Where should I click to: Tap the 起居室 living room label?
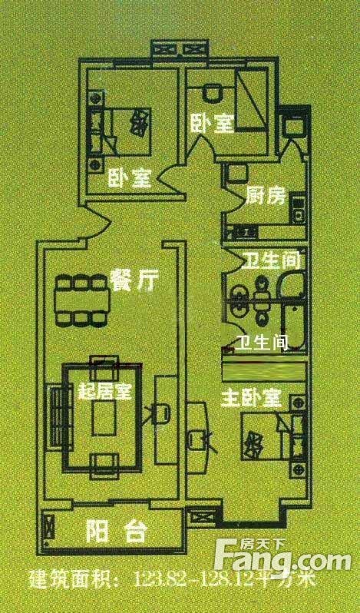point(104,391)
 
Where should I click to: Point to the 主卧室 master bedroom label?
point(252,398)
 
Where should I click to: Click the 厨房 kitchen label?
point(266,197)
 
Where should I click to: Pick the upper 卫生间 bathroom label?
point(272,260)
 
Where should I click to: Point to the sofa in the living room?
point(60,417)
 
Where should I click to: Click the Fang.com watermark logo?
point(279,554)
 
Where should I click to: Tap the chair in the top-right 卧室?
point(213,94)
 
